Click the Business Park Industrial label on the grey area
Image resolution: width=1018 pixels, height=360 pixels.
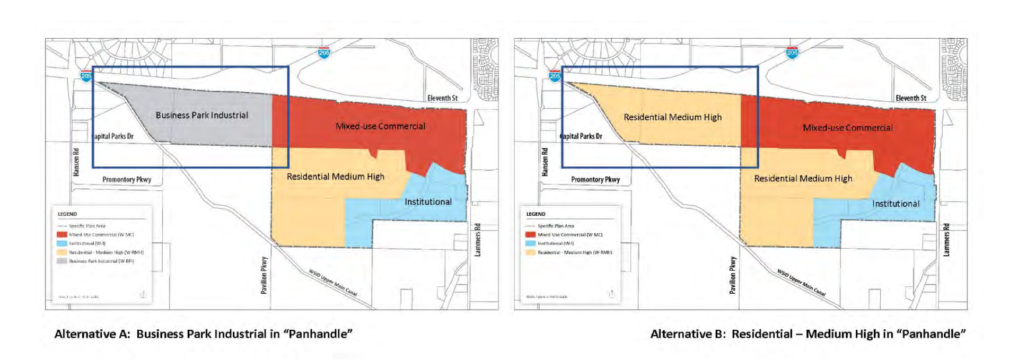[x=201, y=115]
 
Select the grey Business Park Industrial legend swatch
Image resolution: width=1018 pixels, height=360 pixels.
[x=62, y=261]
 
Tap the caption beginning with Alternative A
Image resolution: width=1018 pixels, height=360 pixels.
[x=203, y=334]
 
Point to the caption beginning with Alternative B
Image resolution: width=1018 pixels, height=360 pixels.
[x=808, y=334]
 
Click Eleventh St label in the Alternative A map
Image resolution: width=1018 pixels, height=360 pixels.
[x=442, y=98]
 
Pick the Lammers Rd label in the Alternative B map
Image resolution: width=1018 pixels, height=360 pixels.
[x=946, y=240]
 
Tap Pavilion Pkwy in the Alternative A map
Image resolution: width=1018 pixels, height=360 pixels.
[x=265, y=275]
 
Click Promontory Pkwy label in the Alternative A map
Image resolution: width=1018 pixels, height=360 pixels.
[x=127, y=180]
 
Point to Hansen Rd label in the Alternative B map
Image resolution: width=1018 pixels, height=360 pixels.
[x=545, y=162]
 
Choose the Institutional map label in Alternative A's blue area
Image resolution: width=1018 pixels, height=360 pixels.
[x=428, y=202]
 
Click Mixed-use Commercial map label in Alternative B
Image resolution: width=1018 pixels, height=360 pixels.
[x=847, y=128]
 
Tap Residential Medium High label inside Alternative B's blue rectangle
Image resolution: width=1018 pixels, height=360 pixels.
[x=672, y=117]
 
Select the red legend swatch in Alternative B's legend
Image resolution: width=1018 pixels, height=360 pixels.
[x=530, y=234]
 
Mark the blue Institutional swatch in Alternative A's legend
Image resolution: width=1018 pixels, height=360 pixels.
[x=62, y=243]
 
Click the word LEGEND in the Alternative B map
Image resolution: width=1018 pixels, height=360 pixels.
[x=536, y=214]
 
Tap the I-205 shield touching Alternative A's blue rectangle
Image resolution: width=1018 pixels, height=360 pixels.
[x=86, y=76]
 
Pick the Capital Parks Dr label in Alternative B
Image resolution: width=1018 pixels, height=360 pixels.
[x=582, y=136]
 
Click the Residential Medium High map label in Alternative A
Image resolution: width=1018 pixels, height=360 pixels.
[x=335, y=177]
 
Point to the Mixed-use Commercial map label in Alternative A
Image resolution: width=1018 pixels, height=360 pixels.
[x=380, y=126]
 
